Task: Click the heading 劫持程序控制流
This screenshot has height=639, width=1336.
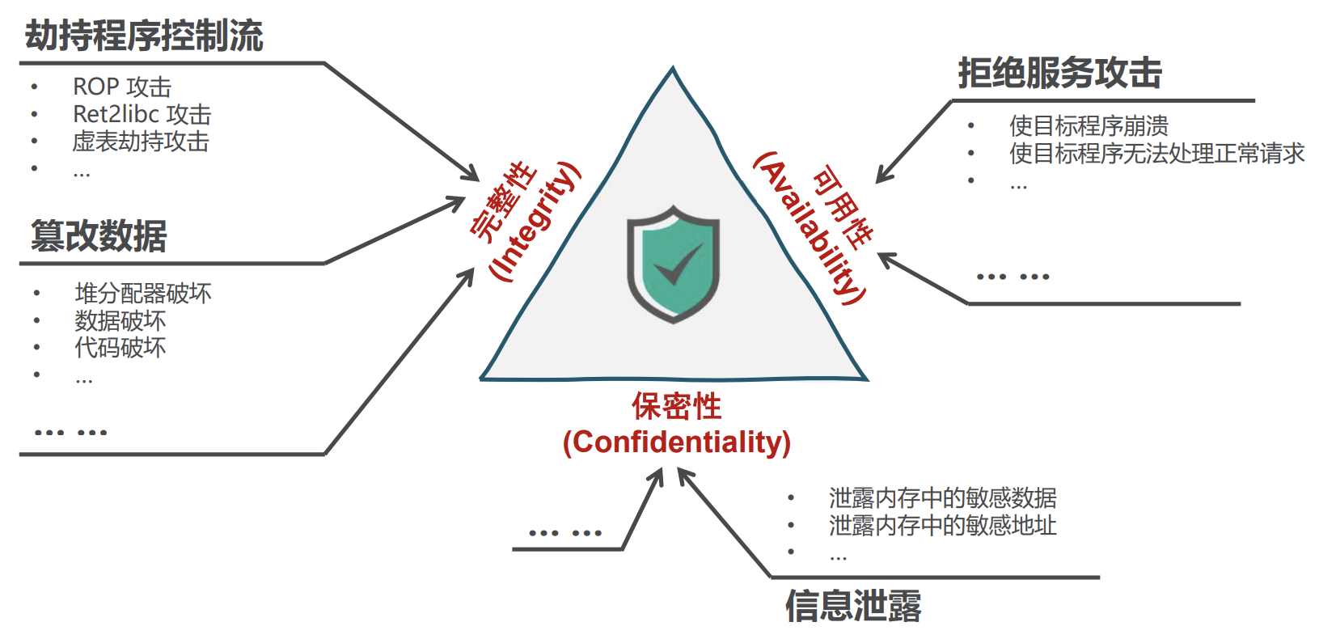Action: point(144,36)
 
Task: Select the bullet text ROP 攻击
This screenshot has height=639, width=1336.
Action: point(122,87)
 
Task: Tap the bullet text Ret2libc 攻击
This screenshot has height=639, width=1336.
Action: point(142,114)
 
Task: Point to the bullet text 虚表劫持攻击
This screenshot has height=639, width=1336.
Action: point(141,142)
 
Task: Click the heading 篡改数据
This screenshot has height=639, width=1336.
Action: point(99,236)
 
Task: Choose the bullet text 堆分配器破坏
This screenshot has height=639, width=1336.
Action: point(143,293)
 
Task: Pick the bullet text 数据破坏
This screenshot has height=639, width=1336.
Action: point(120,320)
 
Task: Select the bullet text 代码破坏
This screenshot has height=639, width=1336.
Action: point(120,348)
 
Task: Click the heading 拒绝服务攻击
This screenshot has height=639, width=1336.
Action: point(1059,74)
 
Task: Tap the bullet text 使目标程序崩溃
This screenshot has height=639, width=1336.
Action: point(1089,125)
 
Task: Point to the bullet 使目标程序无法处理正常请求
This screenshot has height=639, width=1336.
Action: point(1156,153)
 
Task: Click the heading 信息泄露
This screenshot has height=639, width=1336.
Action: point(853,606)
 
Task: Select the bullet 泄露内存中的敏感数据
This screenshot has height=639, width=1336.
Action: point(942,497)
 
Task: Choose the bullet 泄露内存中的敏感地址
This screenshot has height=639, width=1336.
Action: point(942,525)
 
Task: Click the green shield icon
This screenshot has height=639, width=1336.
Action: point(674,264)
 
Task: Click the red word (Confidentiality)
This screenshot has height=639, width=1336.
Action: point(676,442)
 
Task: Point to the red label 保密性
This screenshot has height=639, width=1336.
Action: point(676,406)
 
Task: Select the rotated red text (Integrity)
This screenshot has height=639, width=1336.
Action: point(535,222)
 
